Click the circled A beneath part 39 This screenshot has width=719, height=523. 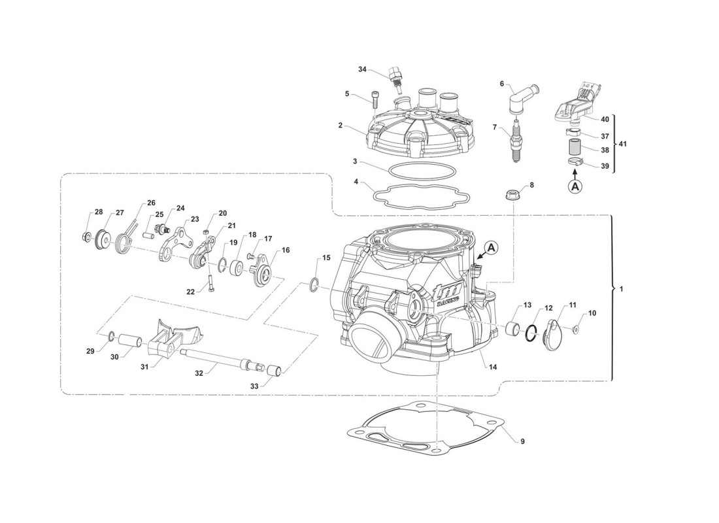(575, 186)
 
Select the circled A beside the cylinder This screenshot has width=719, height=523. (492, 248)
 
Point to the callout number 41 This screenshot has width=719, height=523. (622, 143)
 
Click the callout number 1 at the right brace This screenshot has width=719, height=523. (621, 288)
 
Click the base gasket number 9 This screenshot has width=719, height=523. (522, 441)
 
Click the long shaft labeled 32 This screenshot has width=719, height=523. (222, 360)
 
